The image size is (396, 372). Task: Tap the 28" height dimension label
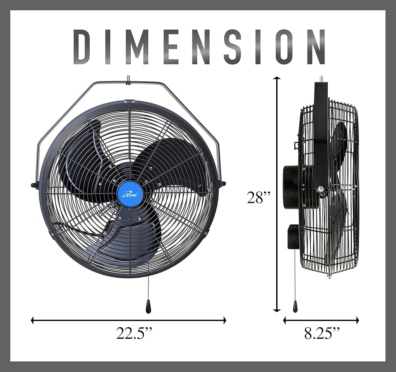[259, 198]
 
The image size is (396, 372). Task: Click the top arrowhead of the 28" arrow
[277, 78]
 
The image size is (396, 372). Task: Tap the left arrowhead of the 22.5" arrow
[33, 321]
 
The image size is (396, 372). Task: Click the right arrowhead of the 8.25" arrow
[357, 321]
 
